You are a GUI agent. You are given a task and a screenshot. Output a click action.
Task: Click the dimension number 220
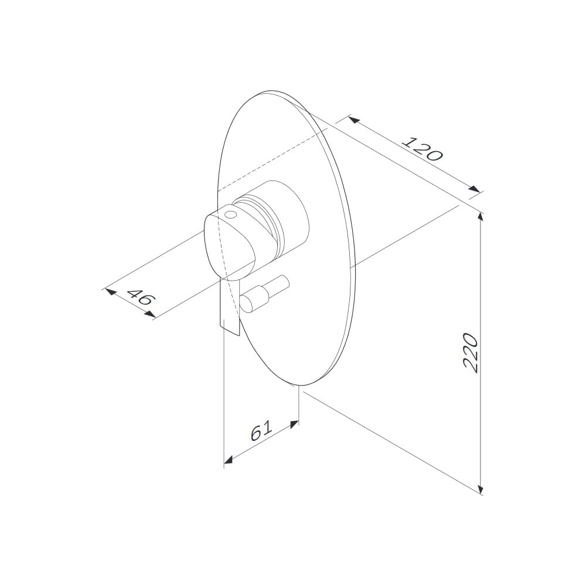tap(471, 353)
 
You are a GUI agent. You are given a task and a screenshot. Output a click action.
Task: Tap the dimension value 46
tap(140, 294)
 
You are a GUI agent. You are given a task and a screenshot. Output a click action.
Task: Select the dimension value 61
tap(261, 431)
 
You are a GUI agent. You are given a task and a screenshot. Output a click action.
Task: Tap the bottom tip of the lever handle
tap(239, 335)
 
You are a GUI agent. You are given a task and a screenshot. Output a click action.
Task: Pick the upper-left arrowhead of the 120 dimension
tap(353, 120)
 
